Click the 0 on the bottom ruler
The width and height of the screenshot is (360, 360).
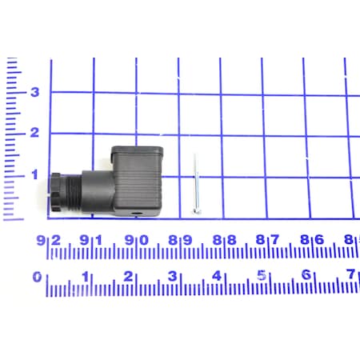pyautogui.click(x=38, y=277)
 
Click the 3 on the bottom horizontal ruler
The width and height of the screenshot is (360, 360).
pyautogui.click(x=173, y=276)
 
